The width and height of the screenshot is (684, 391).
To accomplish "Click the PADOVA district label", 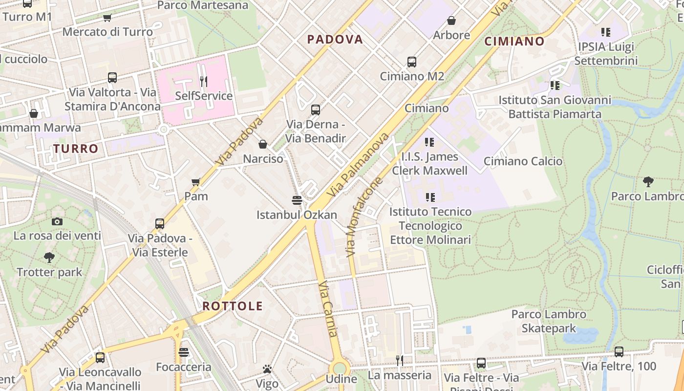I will click(x=335, y=40).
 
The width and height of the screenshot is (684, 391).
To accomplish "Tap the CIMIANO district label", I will click(x=514, y=42).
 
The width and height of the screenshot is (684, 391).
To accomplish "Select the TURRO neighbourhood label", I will click(x=76, y=149).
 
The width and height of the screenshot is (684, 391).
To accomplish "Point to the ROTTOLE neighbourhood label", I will click(x=233, y=306).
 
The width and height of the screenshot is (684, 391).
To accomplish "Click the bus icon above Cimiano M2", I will click(x=412, y=62).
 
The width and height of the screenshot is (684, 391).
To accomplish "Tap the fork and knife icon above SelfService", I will click(x=204, y=81).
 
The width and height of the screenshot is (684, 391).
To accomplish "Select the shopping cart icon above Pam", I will click(x=196, y=182).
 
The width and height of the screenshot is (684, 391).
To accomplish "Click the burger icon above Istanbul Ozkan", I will click(x=297, y=200).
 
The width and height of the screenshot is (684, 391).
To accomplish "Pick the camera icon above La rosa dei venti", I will click(x=57, y=221).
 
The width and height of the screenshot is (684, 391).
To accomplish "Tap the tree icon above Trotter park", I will click(x=49, y=257).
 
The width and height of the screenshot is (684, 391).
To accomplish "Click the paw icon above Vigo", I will click(x=267, y=369).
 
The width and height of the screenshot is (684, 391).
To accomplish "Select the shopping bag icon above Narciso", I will click(x=263, y=144).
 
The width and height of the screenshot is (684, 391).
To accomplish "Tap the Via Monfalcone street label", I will click(x=364, y=217).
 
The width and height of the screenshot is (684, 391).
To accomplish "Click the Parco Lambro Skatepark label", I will click(x=549, y=321).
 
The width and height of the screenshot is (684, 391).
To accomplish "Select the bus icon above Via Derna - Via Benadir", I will click(x=316, y=110).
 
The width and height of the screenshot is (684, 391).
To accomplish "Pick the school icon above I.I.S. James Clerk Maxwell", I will click(x=429, y=142).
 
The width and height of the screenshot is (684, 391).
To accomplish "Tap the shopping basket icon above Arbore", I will click(x=451, y=21).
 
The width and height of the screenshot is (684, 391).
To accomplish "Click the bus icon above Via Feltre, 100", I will click(x=619, y=351).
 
